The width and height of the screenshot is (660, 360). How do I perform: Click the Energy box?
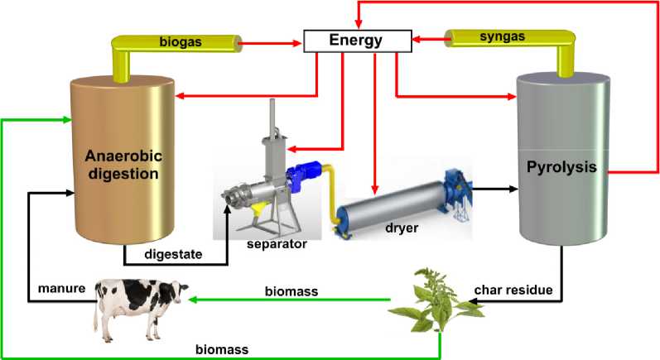point(357,38)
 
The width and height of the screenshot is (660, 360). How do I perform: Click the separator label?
point(277,245)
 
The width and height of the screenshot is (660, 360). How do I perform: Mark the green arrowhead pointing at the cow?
point(189,300)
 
